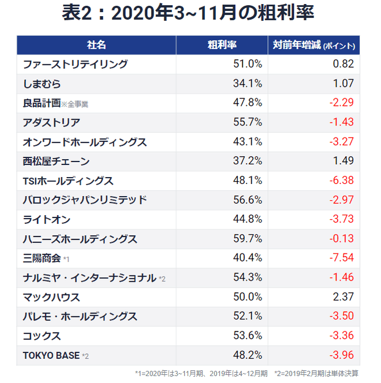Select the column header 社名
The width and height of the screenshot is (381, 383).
(96, 45)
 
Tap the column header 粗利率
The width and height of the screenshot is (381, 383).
(222, 45)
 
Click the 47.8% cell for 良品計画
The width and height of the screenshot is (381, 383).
(248, 103)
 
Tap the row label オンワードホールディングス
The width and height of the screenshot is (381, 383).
(85, 142)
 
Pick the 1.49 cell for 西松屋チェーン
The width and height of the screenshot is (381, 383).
(343, 161)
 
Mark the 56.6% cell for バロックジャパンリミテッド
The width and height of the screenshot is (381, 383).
(248, 200)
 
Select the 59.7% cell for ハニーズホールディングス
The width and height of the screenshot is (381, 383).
(248, 238)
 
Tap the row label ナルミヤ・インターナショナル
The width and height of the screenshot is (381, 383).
(89, 278)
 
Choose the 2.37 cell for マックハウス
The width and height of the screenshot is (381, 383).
(343, 297)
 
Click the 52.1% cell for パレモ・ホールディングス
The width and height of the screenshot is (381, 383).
(248, 316)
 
